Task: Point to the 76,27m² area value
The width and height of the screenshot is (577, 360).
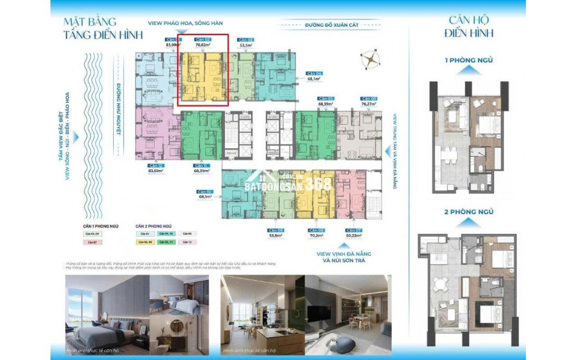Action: click(x=368, y=104)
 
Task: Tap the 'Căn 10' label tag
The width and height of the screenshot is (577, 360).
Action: click(x=205, y=191)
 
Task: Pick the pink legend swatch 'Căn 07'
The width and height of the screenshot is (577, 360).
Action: click(x=91, y=242)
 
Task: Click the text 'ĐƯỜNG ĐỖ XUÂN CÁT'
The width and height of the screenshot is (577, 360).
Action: click(x=314, y=27)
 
